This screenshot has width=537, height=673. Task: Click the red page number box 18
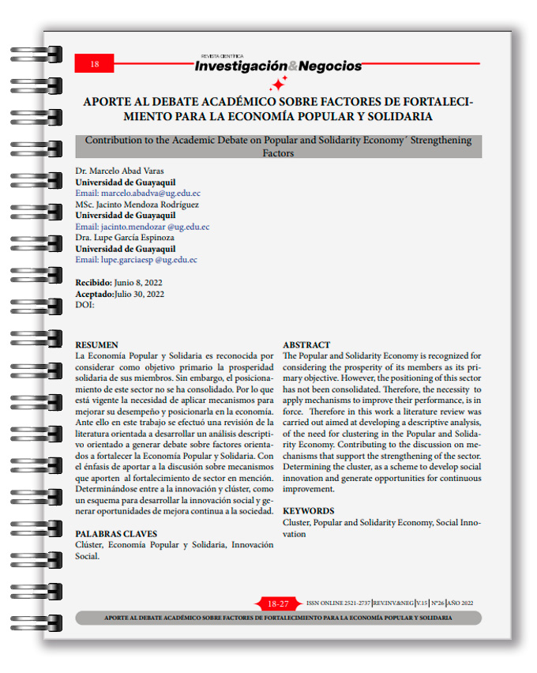coord(94,64)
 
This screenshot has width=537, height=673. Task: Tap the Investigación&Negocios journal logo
coord(278,66)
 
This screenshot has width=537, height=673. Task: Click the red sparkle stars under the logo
coord(278,84)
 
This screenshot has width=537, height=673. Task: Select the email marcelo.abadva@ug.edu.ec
coord(137,193)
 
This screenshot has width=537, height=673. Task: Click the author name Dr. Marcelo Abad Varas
coord(120,171)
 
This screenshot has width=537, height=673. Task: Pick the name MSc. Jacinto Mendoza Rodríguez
coord(137,204)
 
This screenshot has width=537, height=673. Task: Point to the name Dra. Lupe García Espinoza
coord(125,237)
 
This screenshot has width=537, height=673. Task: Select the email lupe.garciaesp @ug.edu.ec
coord(136,259)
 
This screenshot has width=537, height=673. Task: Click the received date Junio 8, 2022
coord(139,282)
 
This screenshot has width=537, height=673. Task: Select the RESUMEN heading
coord(96,345)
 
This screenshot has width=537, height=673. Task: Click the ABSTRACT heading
coord(306,345)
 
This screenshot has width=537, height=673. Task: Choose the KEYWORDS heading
coord(308,511)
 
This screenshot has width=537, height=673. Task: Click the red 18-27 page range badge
coord(278,603)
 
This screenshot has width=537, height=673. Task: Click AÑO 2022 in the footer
coord(460,603)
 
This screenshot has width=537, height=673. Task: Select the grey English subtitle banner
coord(278,146)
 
